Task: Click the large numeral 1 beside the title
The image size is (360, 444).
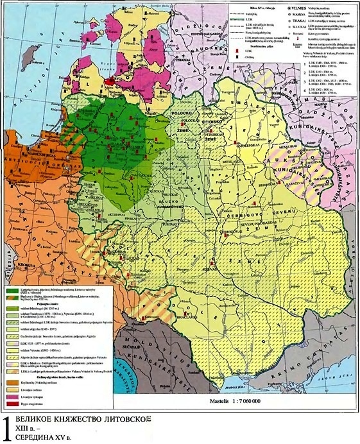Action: (8, 429)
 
